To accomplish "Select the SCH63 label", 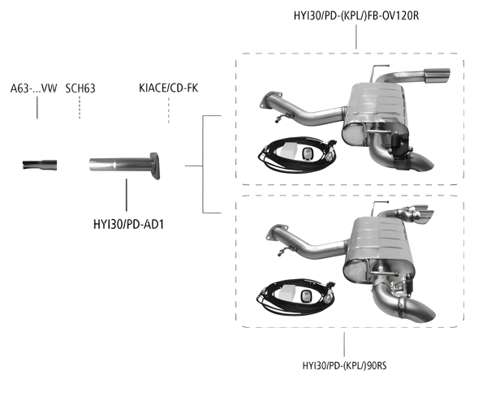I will point(81,88).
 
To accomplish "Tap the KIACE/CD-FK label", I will point(169,88).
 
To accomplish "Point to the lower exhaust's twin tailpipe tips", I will point(413,215).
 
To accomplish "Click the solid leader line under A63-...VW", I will point(37,107).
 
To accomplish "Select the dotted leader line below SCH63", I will point(80,107).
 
